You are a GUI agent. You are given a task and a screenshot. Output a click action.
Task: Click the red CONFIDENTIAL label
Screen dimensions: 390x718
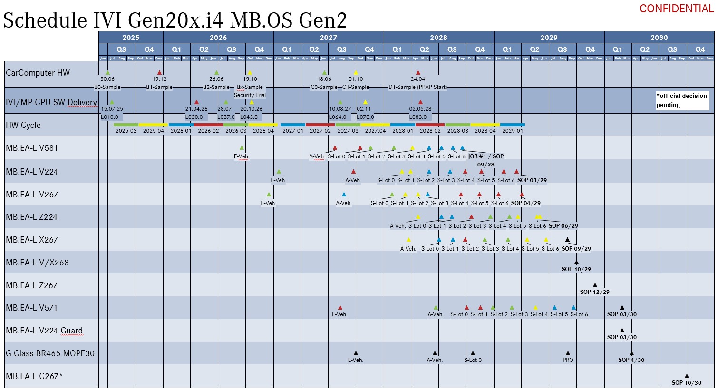pyautogui.click(x=676, y=9)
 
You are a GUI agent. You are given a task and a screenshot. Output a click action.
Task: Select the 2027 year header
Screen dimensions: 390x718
pyautogui.click(x=328, y=38)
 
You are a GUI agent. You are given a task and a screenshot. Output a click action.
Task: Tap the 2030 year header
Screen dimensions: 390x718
pyautogui.click(x=659, y=38)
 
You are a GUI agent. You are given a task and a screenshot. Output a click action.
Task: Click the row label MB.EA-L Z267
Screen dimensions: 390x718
pyautogui.click(x=31, y=285)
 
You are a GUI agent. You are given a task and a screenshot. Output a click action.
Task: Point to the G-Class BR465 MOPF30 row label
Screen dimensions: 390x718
pyautogui.click(x=50, y=353)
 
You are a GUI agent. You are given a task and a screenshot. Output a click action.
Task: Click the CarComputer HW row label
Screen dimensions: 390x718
pyautogui.click(x=38, y=73)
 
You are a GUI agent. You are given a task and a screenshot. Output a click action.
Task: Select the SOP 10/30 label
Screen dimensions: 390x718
pyautogui.click(x=686, y=383)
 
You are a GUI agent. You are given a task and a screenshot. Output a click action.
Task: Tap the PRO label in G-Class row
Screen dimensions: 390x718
pyautogui.click(x=568, y=360)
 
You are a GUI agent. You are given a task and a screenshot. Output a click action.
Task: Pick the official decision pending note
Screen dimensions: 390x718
pyautogui.click(x=682, y=100)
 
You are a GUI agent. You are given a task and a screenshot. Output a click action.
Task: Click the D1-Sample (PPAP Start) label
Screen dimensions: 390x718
pyautogui.click(x=417, y=87)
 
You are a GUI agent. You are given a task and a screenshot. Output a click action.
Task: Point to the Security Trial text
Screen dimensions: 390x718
pyautogui.click(x=250, y=95)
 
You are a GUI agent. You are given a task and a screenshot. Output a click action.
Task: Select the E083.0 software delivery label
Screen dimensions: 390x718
pyautogui.click(x=418, y=117)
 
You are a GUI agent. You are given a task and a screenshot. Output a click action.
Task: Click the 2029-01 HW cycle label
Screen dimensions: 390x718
pyautogui.click(x=512, y=131)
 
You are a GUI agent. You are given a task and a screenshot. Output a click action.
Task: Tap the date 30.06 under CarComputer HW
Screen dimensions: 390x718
pyautogui.click(x=107, y=79)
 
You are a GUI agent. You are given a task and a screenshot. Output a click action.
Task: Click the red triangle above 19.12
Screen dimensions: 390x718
pyautogui.click(x=159, y=73)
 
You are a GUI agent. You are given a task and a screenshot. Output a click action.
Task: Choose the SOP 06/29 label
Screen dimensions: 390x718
pyautogui.click(x=563, y=226)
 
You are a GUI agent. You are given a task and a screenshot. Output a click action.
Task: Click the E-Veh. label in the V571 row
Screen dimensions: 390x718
pyautogui.click(x=340, y=314)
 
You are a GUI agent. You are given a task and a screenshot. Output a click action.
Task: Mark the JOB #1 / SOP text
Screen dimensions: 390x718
pyautogui.click(x=485, y=156)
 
